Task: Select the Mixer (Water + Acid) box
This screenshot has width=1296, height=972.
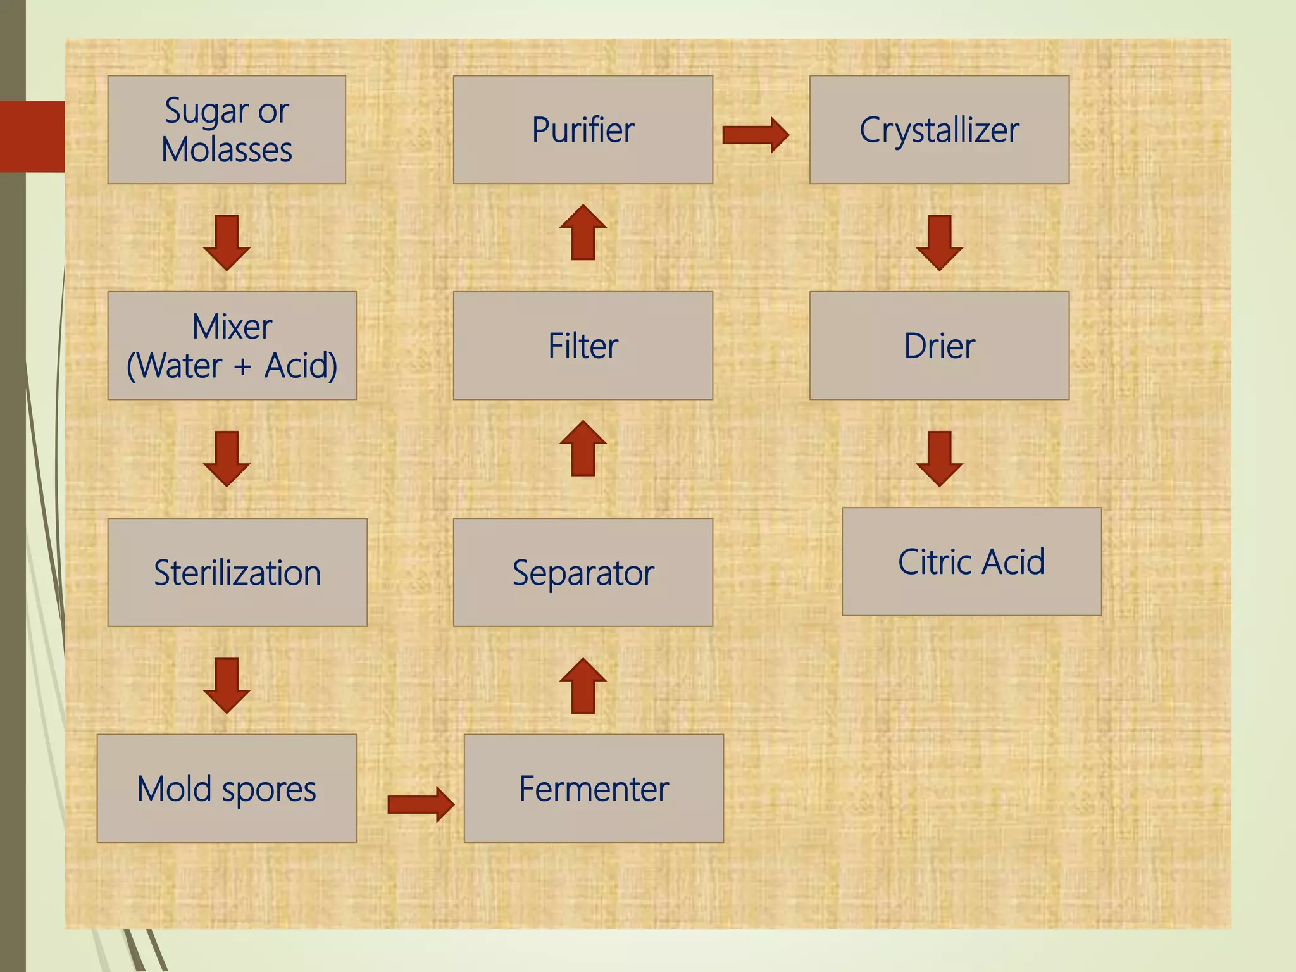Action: (x=232, y=346)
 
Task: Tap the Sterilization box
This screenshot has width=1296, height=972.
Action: (x=237, y=573)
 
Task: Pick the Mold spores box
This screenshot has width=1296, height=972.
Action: (x=227, y=788)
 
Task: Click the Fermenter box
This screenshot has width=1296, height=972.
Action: (x=594, y=788)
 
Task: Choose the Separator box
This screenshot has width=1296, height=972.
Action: (x=583, y=573)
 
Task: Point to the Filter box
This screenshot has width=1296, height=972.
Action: (x=583, y=346)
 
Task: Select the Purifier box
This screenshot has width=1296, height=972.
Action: (x=583, y=130)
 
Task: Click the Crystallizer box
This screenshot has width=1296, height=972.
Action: (x=939, y=130)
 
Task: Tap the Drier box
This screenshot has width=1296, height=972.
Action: (x=939, y=346)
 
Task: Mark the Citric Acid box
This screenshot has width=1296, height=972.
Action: (x=971, y=561)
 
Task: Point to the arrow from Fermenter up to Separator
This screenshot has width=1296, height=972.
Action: (x=583, y=687)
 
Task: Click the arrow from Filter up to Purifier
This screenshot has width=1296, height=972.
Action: (x=583, y=233)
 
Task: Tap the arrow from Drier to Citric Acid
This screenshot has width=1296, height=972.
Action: (x=939, y=459)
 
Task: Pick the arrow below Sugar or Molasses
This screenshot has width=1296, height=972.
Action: (x=227, y=242)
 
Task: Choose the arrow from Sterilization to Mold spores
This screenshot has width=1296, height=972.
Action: (x=227, y=685)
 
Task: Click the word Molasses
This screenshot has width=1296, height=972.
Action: (x=227, y=151)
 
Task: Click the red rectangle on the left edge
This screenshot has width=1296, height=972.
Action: (x=32, y=137)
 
